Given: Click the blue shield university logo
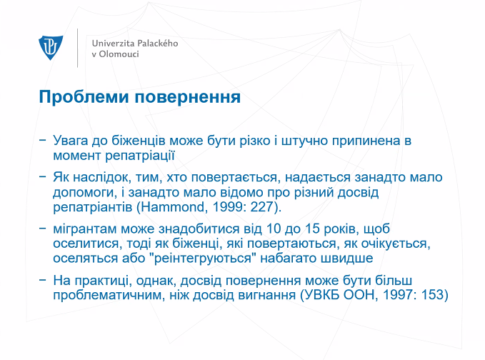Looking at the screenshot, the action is [x=51, y=48].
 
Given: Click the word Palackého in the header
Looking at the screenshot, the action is [x=157, y=44].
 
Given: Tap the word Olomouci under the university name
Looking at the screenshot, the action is [x=119, y=54].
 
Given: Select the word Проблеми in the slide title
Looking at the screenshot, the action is [x=84, y=97].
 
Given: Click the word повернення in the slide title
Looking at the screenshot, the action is [x=187, y=97].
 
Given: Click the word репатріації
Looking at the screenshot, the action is [x=140, y=156].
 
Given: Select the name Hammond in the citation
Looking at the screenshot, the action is [x=173, y=207].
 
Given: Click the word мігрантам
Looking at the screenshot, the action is [x=84, y=229].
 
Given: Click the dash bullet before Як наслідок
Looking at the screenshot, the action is [x=42, y=176].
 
